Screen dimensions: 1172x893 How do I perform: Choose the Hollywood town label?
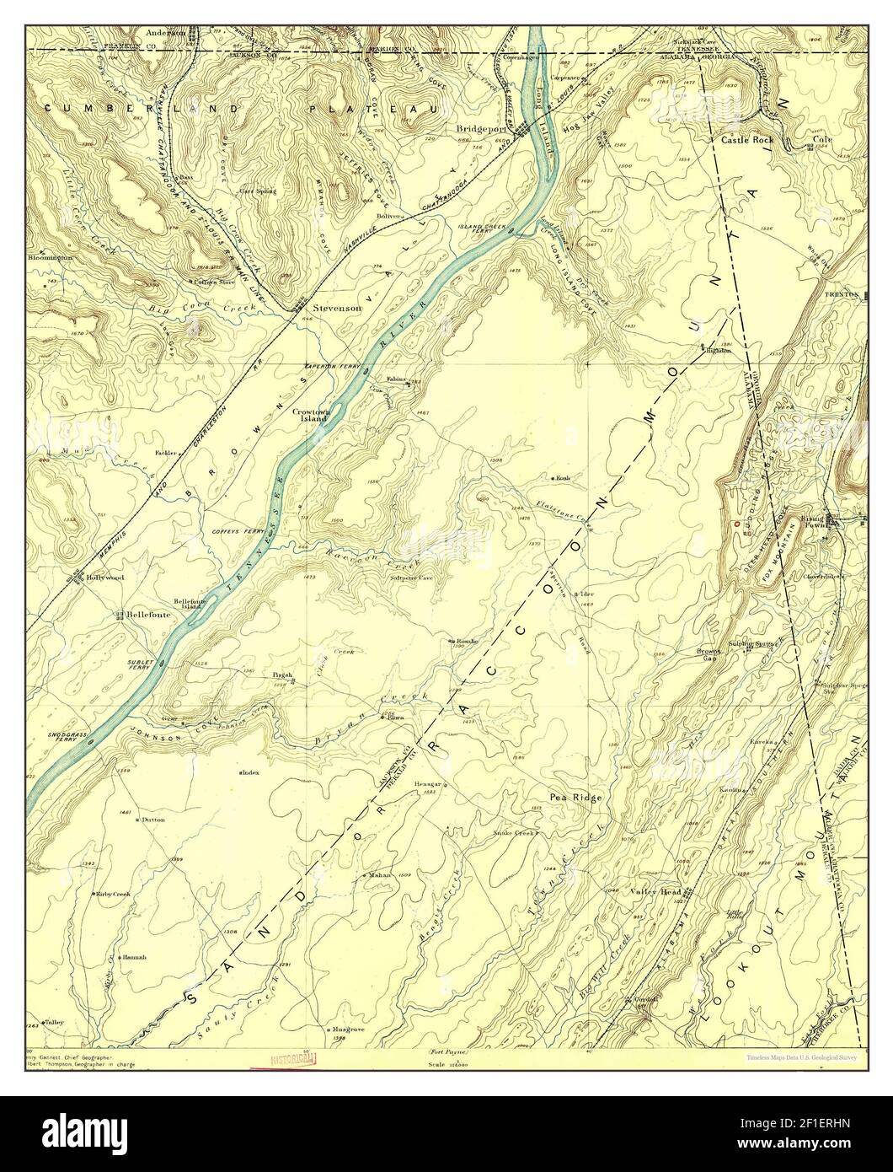(104, 578)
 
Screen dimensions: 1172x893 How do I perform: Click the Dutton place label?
(153, 820)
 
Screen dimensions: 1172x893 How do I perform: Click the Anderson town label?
(166, 33)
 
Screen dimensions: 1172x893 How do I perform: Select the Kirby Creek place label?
(113, 893)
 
